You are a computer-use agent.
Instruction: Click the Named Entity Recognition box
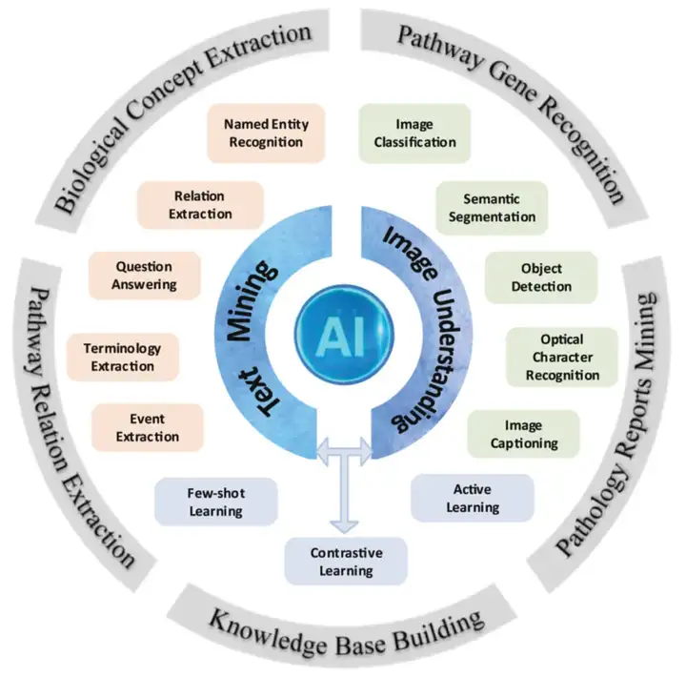pos(264,133)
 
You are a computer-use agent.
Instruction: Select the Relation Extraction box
pos(199,205)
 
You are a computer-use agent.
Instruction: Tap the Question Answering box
pos(145,276)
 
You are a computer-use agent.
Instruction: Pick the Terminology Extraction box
pos(121,357)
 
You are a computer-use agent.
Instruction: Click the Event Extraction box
pos(148,427)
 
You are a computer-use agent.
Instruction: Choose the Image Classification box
pos(414,133)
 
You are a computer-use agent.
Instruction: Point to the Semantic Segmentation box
pos(492,208)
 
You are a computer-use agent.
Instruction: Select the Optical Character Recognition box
pos(561,357)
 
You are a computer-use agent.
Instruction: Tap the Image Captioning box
pos(523,434)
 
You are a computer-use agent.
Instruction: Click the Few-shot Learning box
pos(215,502)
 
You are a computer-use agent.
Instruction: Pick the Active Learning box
pos(472,498)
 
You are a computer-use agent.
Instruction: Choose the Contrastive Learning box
pos(347,562)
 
